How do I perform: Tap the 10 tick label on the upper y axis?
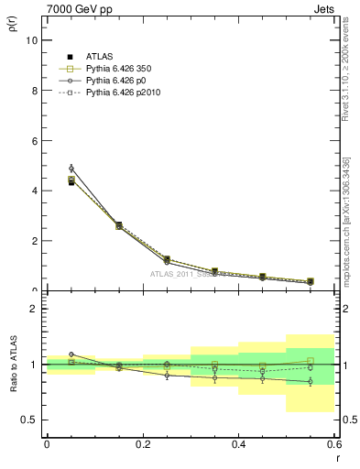(x=31, y=41)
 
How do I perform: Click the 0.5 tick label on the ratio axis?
(x=30, y=420)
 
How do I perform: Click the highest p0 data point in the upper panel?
(x=71, y=169)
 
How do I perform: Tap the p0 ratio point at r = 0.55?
(x=311, y=381)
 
